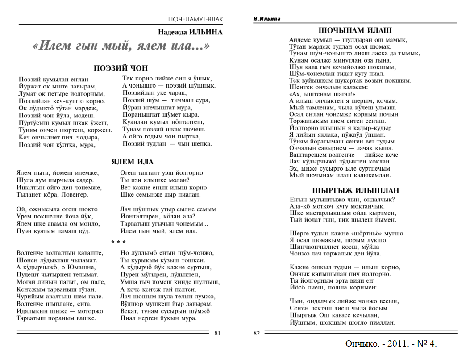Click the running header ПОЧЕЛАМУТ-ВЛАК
pos(195,19)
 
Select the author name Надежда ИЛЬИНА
pos(190,32)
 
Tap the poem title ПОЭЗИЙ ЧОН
pos(121,68)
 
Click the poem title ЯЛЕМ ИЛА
pos(132,162)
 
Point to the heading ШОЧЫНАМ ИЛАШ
pos(355,31)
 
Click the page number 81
pos(217,333)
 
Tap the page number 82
pos(257,333)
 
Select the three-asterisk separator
pos(118,242)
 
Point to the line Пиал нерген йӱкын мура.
pos(158,318)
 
